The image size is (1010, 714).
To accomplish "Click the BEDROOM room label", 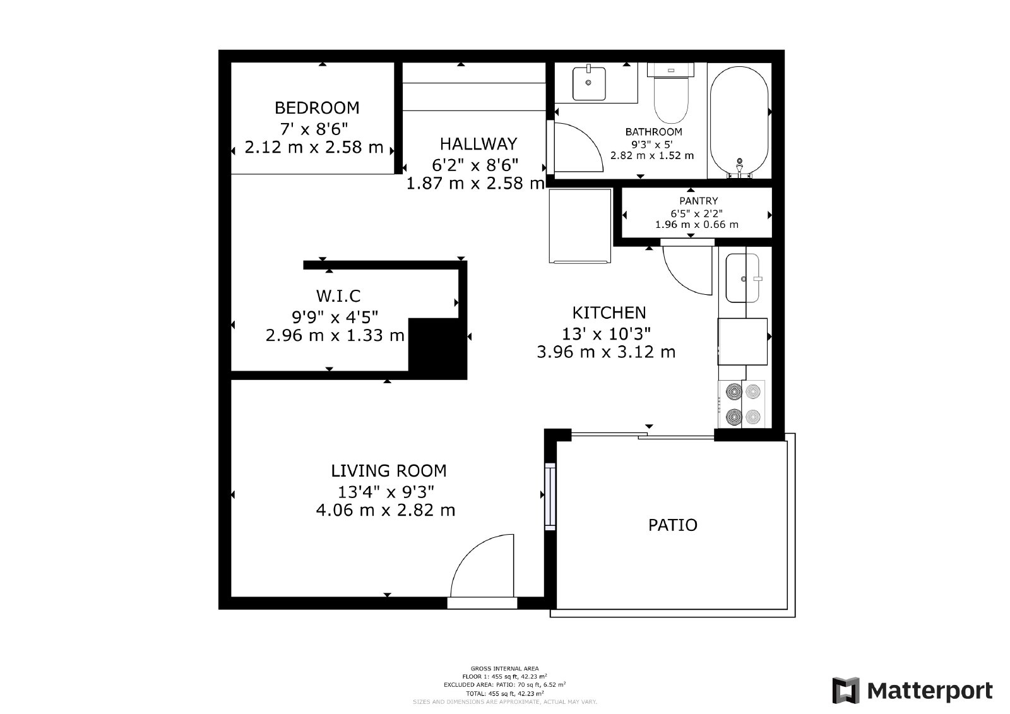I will point(317,107).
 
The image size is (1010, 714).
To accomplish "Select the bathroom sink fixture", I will point(589,83).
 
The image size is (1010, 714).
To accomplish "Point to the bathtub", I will point(739,120).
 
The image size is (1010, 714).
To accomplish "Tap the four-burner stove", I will point(742,404).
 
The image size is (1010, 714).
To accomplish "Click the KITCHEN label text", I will point(609,312).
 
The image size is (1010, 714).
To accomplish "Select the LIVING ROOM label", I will point(388,471).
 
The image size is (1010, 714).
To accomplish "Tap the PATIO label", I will point(673,525).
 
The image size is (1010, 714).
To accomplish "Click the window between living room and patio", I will point(550,496).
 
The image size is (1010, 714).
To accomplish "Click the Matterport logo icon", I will point(847,691).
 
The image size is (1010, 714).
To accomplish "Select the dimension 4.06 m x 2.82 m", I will point(385,510).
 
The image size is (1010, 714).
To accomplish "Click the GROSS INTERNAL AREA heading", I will point(504,669).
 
